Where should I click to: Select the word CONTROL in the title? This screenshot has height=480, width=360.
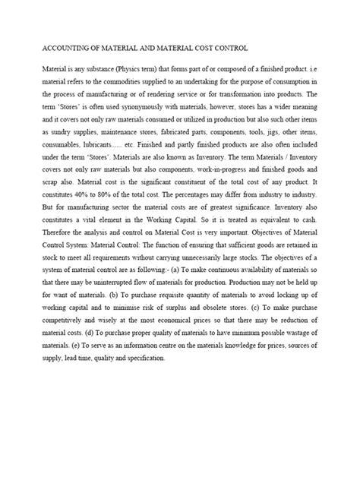tap(227, 47)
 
